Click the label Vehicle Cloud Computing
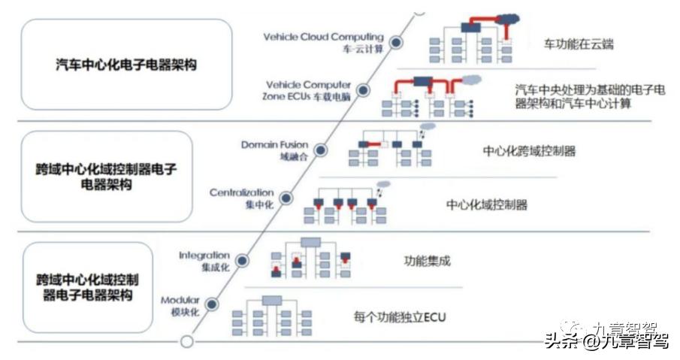(x=324, y=37)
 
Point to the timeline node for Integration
(x=242, y=261)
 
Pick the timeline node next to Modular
(x=212, y=304)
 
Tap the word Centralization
(x=241, y=193)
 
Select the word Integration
(x=204, y=256)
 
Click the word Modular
(x=180, y=300)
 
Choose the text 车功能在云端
(x=578, y=44)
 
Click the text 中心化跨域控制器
(x=530, y=150)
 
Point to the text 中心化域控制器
(x=487, y=204)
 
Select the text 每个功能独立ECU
(x=400, y=317)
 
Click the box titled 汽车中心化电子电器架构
(x=126, y=65)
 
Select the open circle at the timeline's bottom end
(x=187, y=342)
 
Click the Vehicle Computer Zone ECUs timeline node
(x=363, y=91)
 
